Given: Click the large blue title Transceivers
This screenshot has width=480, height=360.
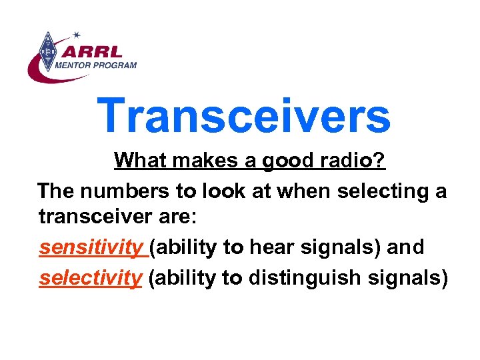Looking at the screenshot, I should coord(243,115).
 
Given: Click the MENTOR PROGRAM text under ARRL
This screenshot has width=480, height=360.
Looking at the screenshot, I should coord(96,65).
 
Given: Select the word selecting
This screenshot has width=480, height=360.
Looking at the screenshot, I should coord(380,193).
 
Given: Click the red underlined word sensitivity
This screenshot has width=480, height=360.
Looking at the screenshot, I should coord(91,248).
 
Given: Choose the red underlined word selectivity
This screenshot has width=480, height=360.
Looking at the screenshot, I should coord(90,277).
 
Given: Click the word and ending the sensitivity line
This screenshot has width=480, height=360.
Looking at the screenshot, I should coord(405,248).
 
